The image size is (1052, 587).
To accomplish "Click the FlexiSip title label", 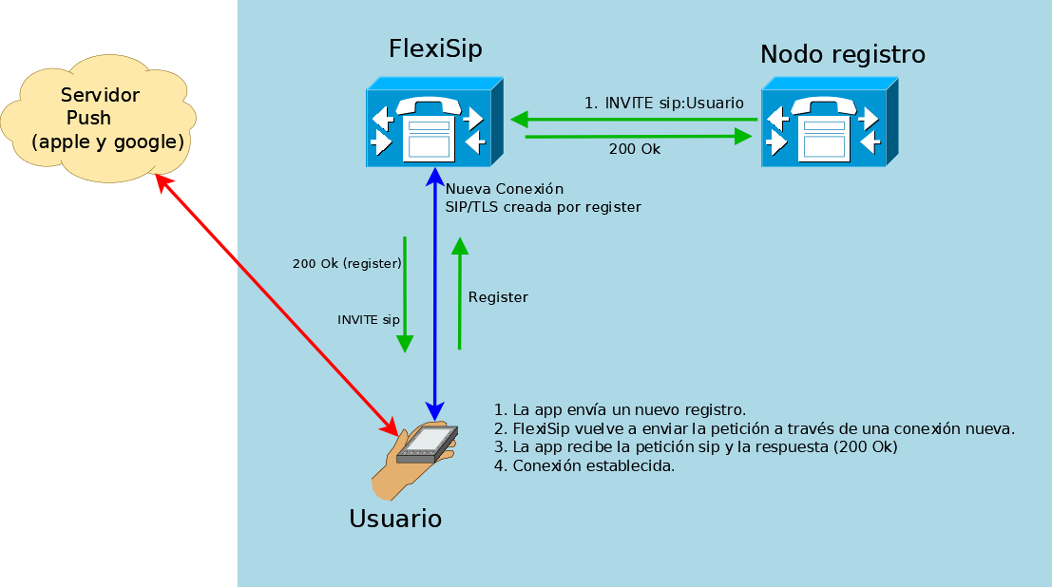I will pos(435,49).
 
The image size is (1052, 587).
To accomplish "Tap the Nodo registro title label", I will pos(842,55).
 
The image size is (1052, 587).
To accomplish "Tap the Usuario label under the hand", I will pos(395,520).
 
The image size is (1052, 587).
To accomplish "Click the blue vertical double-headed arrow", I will pos(434,294).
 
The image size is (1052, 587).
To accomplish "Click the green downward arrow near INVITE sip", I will pos(405,294).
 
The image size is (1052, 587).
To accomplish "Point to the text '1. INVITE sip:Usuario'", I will pos(664,103).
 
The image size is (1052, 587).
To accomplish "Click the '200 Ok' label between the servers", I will pos(634,149).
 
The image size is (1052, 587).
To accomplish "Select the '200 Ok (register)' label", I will pos(347,263).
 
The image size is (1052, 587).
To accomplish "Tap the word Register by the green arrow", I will pos(498,297).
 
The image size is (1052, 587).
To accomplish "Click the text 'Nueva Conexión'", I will pos(504,189).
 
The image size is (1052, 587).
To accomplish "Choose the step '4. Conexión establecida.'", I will pos(584,465).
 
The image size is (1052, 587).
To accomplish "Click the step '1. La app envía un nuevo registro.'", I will pos(620,410).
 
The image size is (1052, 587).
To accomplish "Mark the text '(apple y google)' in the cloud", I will pos(107,142).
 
